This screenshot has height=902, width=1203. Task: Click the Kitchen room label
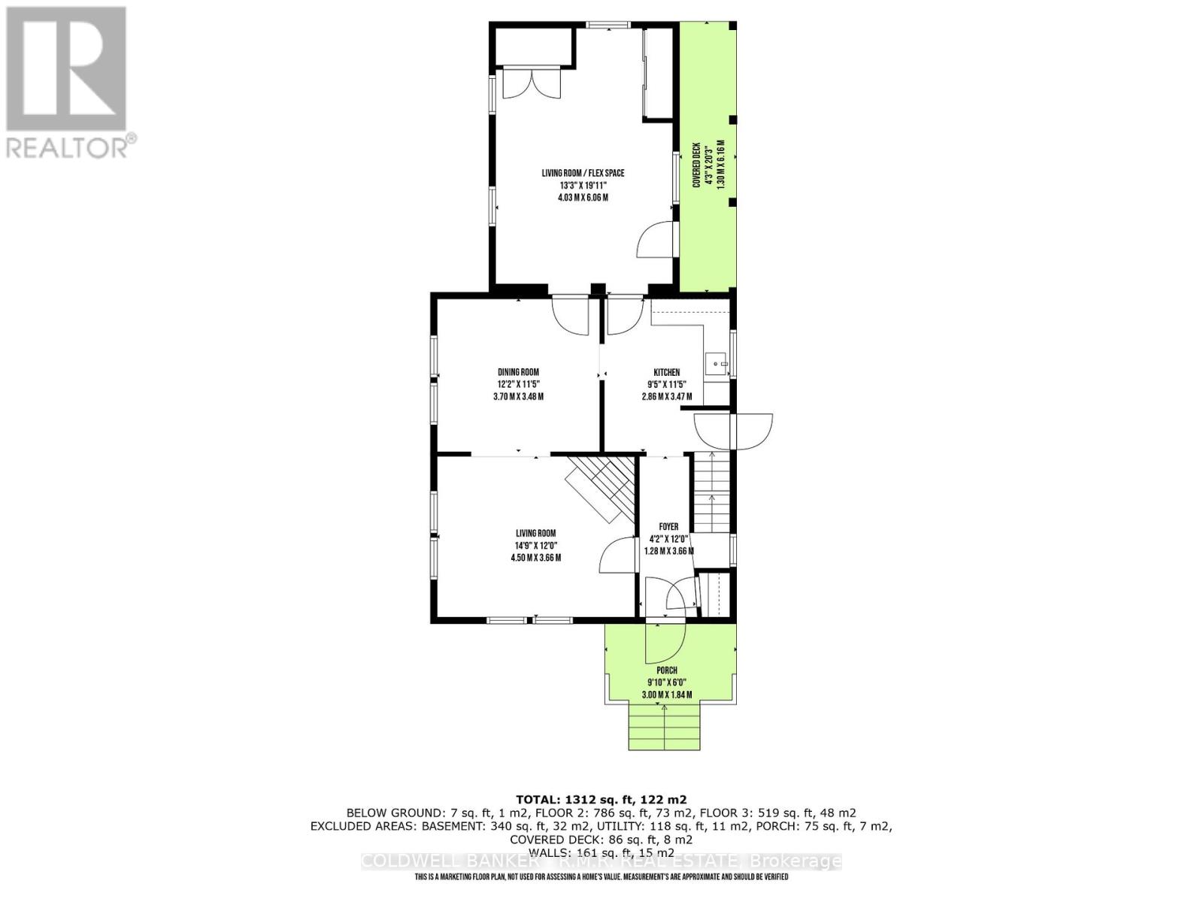[666, 372]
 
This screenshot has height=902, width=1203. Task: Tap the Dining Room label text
[518, 372]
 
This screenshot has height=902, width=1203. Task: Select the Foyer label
[668, 527]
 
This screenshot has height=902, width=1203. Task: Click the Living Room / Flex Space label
[583, 173]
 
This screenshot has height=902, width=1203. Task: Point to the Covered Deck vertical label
[696, 165]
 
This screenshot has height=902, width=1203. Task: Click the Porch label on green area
[666, 670]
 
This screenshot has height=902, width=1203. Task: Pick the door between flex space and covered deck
[656, 241]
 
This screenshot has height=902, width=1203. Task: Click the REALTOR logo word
[71, 147]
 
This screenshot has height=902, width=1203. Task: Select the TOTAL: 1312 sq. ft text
[601, 800]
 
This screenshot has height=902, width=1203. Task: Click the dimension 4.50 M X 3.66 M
[535, 558]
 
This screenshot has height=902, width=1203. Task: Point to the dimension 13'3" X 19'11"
[583, 186]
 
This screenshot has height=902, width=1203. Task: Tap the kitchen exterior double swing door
[733, 431]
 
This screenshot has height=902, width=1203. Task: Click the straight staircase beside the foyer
[711, 492]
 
